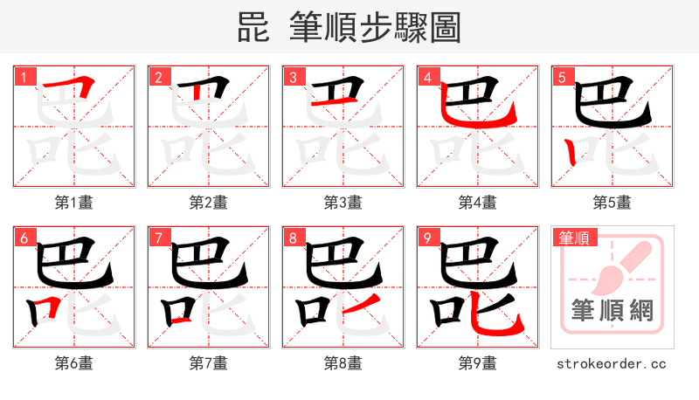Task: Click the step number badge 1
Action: (24, 78)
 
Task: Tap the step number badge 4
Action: (428, 78)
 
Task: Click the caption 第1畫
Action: (74, 203)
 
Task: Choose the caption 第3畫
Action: (343, 203)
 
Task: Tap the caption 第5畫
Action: (612, 203)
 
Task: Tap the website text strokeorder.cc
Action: (612, 362)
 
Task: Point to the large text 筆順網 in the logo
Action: (612, 310)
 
